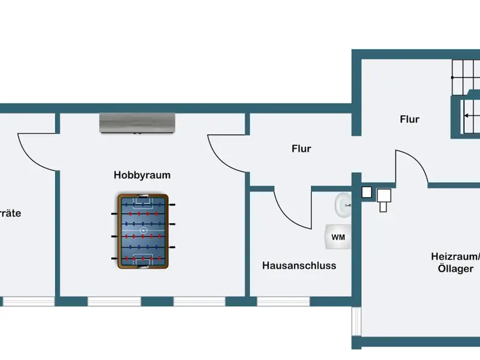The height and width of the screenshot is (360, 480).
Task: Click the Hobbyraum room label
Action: pos(142,175)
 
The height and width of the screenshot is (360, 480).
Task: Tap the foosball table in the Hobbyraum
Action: pos(143,230)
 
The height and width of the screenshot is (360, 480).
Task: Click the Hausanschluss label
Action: pos(299,265)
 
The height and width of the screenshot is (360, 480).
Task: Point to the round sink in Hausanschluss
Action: pos(343,205)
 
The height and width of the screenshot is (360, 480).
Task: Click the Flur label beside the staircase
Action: pos(409,119)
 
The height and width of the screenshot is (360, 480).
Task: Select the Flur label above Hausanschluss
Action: pos(301,148)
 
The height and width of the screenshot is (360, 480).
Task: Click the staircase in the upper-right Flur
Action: pos(465,99)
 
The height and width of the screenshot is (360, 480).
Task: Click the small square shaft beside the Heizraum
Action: pos(367,192)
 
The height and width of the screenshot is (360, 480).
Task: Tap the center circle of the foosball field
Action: pos(143,230)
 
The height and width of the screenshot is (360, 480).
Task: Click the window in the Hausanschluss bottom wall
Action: pos(285,301)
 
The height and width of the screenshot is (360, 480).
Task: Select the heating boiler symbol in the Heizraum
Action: pos(384,198)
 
